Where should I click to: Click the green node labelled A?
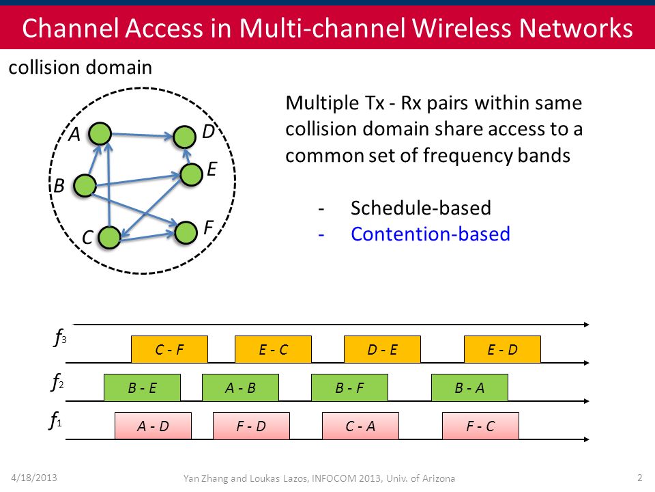click(100, 134)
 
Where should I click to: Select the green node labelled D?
click(184, 137)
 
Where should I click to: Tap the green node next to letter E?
click(191, 174)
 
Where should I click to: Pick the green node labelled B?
click(85, 185)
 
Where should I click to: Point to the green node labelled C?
click(109, 238)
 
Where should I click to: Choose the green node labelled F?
click(186, 232)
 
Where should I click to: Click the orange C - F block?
click(169, 349)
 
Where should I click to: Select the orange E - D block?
click(502, 349)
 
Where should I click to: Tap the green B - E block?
click(142, 388)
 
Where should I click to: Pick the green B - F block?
click(349, 388)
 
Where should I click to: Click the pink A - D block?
click(153, 426)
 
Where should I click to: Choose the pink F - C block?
click(480, 426)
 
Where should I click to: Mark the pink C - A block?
click(360, 426)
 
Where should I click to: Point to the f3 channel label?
click(60, 337)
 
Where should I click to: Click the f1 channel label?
click(55, 420)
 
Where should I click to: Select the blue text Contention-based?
click(431, 234)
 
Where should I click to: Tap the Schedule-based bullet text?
click(421, 208)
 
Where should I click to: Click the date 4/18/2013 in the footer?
click(34, 478)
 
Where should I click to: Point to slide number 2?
click(639, 478)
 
